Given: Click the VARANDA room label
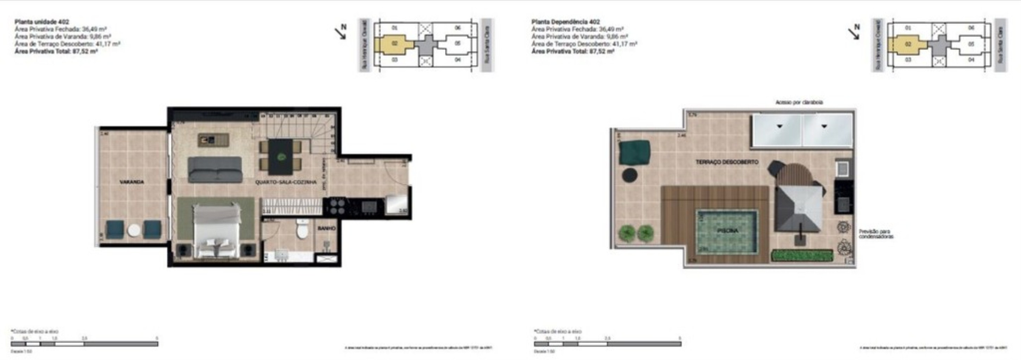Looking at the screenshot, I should [132, 182].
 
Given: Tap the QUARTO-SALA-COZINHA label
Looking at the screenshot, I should [286, 182].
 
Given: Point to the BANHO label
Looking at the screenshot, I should [326, 229].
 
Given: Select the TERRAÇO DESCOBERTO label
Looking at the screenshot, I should [727, 162].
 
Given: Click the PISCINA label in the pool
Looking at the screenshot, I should [727, 231].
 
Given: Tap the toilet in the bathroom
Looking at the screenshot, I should [302, 230].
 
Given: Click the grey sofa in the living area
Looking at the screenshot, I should [215, 169].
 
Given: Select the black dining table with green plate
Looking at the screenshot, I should [281, 156].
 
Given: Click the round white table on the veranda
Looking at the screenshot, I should [134, 230].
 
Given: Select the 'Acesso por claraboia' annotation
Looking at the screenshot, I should [799, 102].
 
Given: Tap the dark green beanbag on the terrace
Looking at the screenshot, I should [635, 152].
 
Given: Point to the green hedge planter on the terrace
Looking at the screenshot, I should [802, 255].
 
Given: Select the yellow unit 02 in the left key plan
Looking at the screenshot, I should [395, 44].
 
